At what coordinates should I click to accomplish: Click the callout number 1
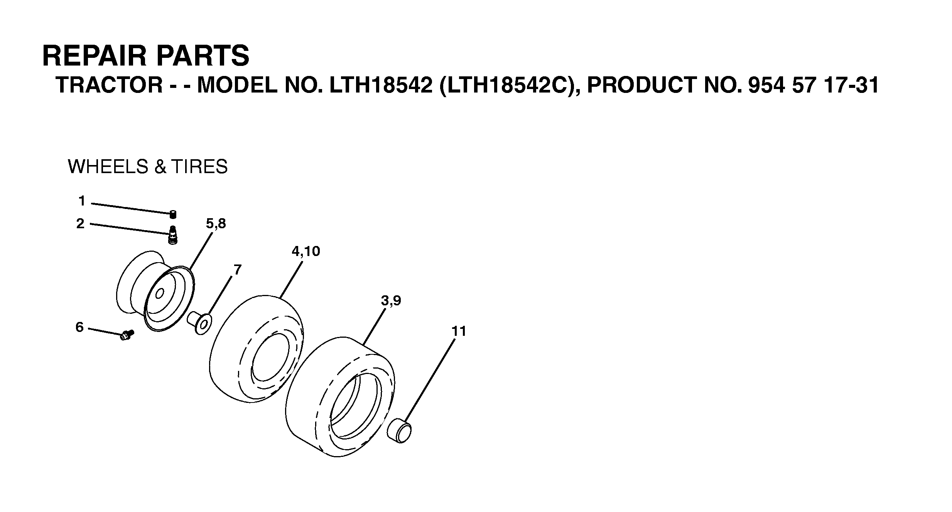click(82, 201)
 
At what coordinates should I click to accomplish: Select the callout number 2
click(80, 224)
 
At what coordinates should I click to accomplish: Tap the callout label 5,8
click(216, 224)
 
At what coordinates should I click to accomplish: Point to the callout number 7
click(238, 269)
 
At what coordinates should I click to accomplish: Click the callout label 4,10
click(306, 251)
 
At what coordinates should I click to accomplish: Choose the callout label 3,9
click(391, 301)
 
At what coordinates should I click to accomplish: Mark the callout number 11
click(459, 331)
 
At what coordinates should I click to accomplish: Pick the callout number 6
click(79, 327)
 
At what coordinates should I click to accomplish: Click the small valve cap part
click(173, 214)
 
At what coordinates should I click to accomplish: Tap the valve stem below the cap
click(173, 235)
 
